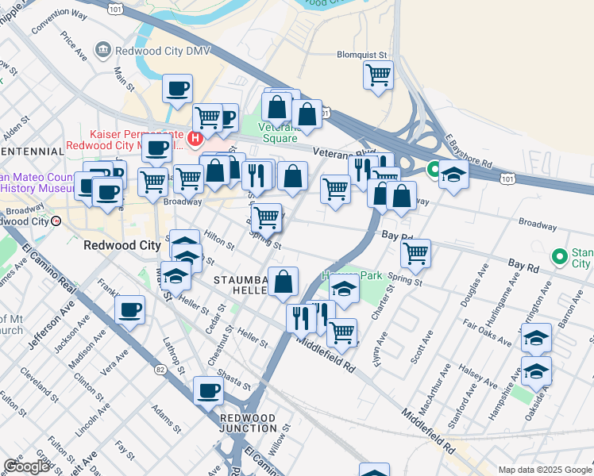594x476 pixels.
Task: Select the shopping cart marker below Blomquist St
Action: point(378,76)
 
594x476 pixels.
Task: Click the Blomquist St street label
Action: point(364,56)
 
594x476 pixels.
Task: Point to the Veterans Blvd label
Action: point(343,152)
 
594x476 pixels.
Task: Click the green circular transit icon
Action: point(434,169)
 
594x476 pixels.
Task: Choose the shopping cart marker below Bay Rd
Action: point(416,254)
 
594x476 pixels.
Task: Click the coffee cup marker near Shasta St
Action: point(209,390)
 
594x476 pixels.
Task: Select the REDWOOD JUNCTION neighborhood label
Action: point(248,423)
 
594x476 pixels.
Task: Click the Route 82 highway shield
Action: point(161,369)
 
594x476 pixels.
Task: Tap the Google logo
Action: point(26,466)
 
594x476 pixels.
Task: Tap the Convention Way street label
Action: point(52,21)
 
